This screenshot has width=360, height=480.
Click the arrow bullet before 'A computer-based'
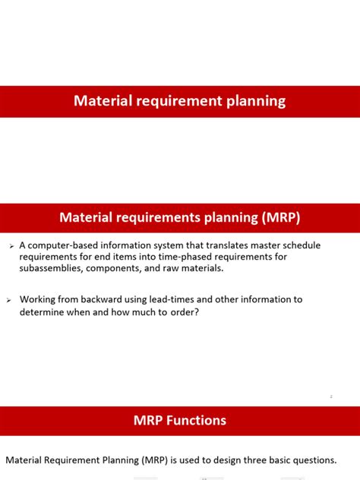click(11, 246)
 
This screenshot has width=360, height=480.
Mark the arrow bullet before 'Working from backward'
click(11, 300)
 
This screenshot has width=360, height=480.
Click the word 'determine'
click(46, 311)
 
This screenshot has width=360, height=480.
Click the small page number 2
click(331, 396)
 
